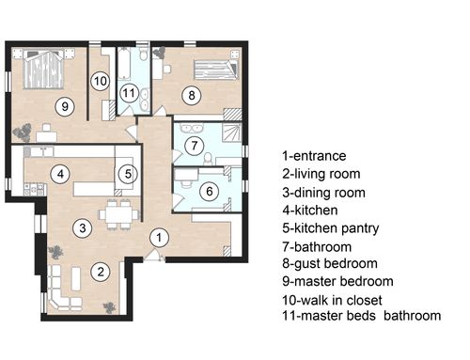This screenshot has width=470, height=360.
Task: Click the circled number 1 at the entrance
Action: tap(159, 238)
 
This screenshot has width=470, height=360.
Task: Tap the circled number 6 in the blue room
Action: tap(210, 191)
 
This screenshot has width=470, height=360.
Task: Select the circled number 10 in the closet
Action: tap(101, 81)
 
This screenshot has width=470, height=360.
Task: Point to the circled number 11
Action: tap(129, 93)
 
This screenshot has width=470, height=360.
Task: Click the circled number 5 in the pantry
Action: tap(128, 174)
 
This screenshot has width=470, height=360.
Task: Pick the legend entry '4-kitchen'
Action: tap(310, 211)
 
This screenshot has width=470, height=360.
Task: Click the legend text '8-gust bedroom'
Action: tap(330, 263)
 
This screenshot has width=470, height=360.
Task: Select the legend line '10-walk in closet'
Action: tap(332, 300)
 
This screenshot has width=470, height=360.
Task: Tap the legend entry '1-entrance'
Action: tap(314, 156)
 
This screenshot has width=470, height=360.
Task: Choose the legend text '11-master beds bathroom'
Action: tap(362, 316)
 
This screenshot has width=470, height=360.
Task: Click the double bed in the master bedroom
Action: tap(44, 69)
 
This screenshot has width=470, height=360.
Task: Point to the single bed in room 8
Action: tap(215, 70)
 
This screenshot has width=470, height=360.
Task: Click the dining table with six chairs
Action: tap(118, 214)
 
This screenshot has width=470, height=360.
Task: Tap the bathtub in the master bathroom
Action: tap(124, 64)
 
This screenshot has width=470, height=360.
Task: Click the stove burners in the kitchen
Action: tap(34, 189)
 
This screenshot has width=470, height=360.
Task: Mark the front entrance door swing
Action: tap(154, 255)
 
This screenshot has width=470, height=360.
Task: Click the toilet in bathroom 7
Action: tap(208, 159)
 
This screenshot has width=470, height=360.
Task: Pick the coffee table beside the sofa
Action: tap(76, 278)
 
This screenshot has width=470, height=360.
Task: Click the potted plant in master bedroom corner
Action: tap(22, 133)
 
